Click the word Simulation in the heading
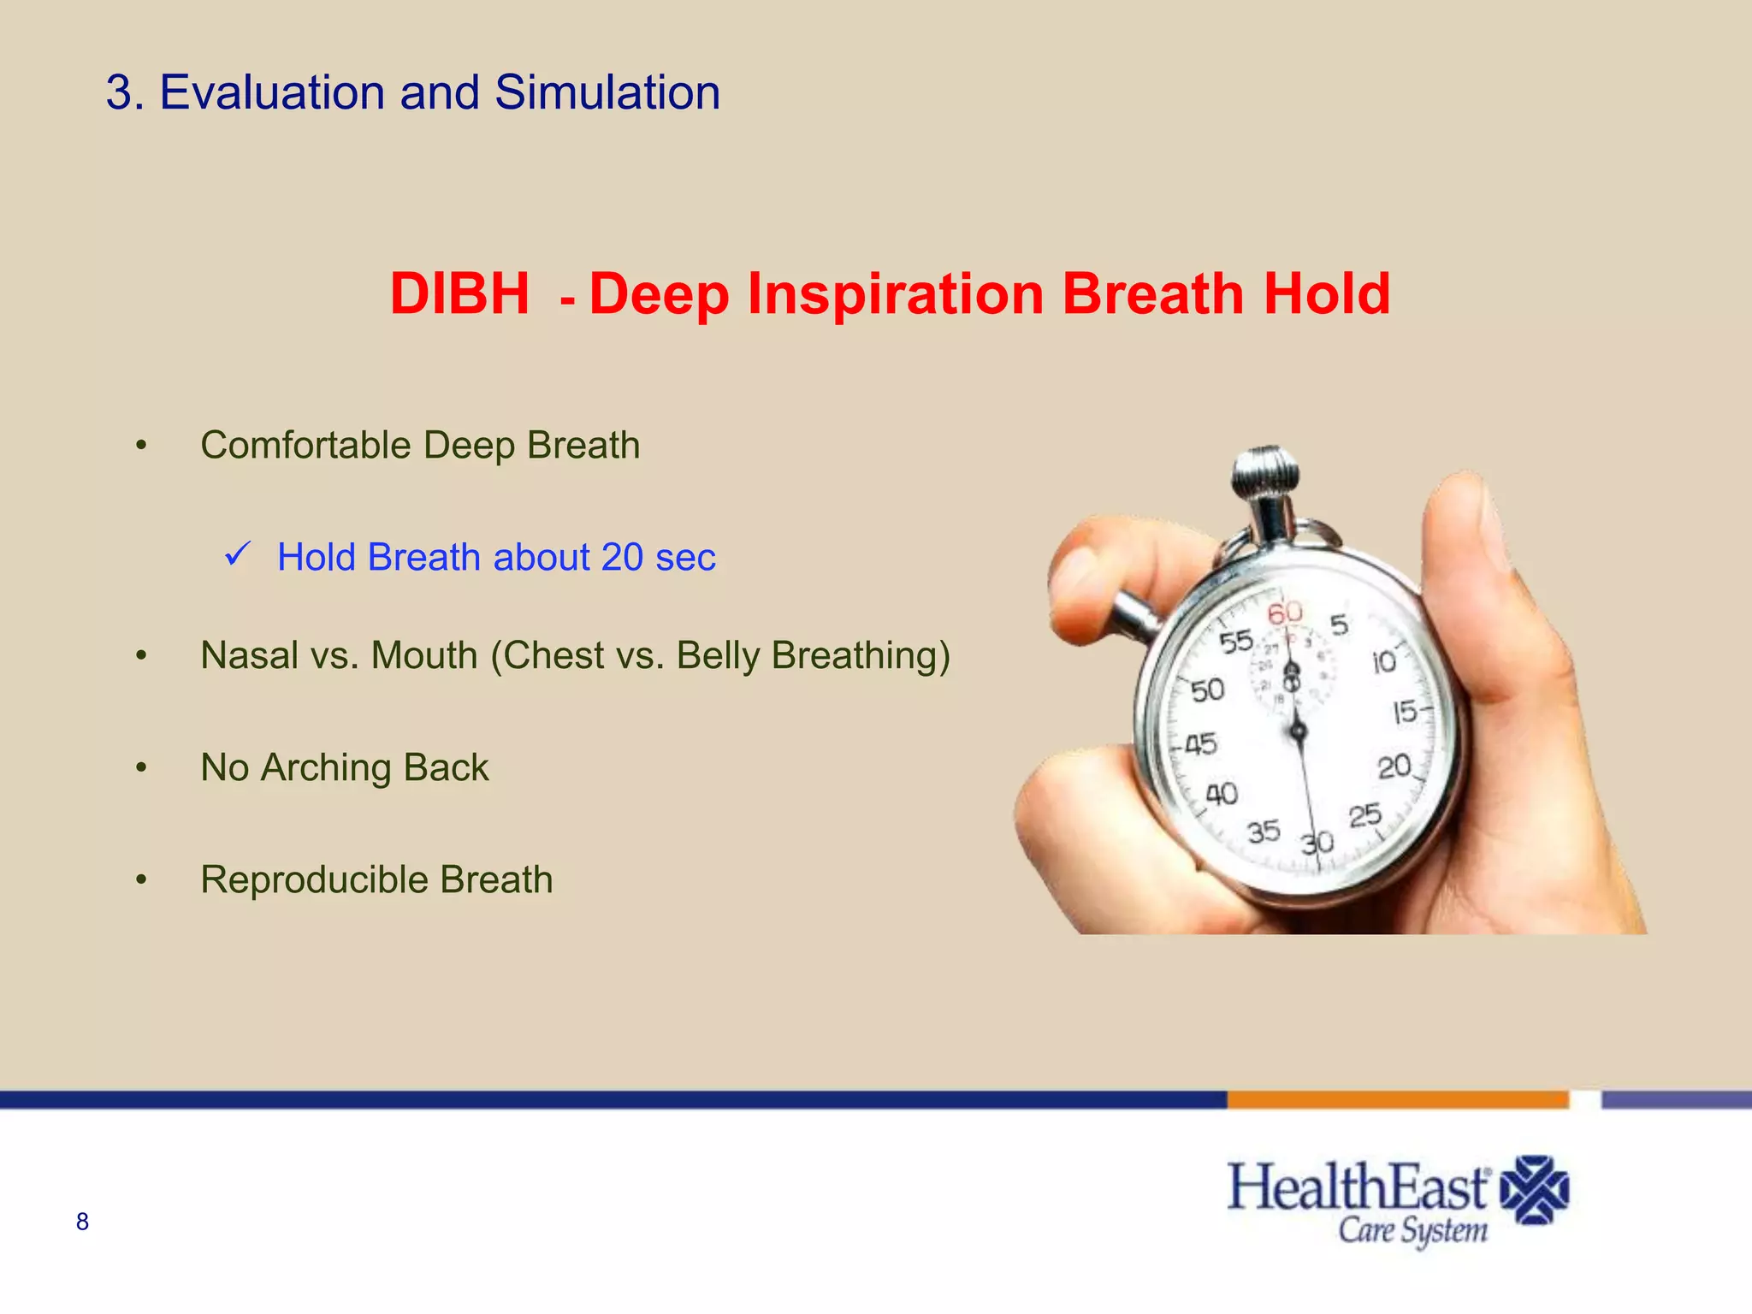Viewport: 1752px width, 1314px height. click(607, 92)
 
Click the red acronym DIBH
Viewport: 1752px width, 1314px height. click(459, 294)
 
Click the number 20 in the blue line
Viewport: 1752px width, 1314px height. click(622, 557)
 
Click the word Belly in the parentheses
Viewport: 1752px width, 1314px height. click(717, 655)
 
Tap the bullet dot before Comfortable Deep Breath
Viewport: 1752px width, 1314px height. click(142, 446)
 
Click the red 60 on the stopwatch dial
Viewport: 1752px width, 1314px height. click(1284, 613)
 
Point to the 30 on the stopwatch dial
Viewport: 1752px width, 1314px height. click(1317, 843)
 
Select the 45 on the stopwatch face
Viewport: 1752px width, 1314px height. click(1200, 744)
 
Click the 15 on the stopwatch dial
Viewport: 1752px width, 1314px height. click(1405, 712)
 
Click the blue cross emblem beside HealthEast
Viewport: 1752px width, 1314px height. click(1535, 1190)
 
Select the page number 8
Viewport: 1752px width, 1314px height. click(82, 1222)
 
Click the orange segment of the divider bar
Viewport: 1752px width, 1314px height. click(1396, 1099)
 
